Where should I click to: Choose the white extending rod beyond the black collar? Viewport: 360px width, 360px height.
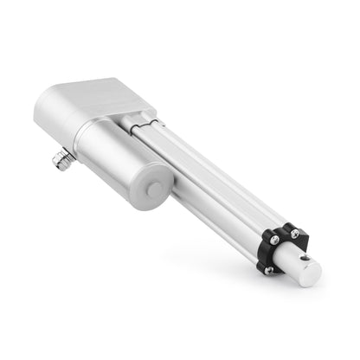294,265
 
